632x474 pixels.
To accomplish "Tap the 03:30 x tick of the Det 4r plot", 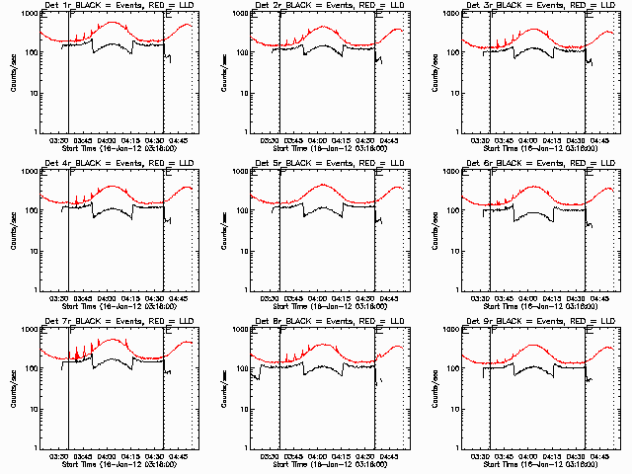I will (58, 297).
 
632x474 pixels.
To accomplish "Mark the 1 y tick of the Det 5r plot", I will (245, 287).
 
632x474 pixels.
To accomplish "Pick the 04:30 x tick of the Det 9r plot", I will (577, 455).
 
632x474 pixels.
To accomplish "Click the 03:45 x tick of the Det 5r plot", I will (294, 297).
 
